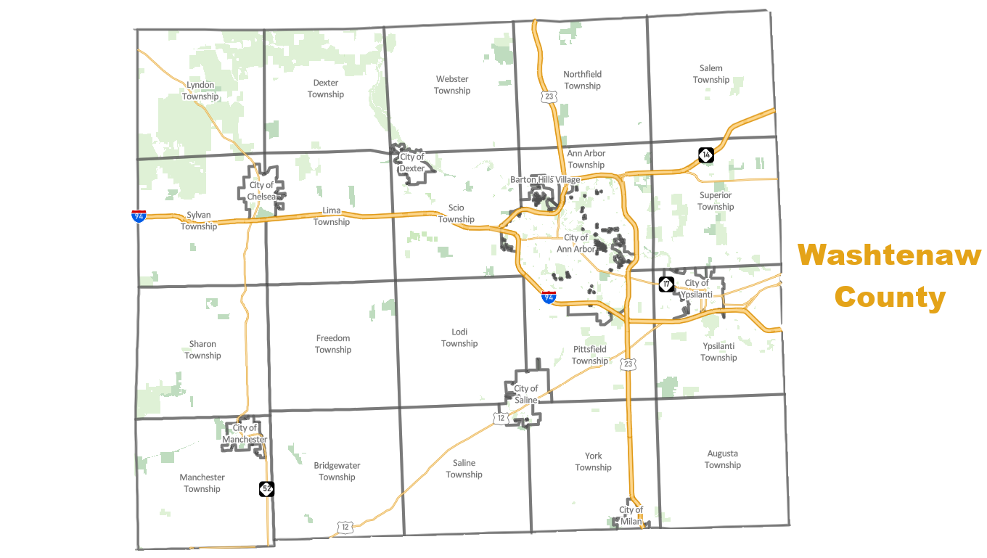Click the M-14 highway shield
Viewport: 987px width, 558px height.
point(706,155)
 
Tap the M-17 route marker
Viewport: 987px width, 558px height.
point(666,284)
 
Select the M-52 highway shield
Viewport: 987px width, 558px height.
point(266,489)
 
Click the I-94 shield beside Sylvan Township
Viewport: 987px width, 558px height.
point(138,216)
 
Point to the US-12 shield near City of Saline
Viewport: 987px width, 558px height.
point(499,418)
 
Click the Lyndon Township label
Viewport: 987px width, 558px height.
point(200,91)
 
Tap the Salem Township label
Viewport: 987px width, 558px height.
point(710,74)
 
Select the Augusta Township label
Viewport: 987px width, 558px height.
point(722,459)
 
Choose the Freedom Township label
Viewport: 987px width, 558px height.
point(333,344)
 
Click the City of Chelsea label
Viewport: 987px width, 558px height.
point(261,191)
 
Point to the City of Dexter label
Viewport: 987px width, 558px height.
point(412,163)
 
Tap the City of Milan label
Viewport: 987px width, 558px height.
point(631,515)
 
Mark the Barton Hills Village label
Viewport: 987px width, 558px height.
point(545,179)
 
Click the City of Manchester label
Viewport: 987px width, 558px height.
point(245,434)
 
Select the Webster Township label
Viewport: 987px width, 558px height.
point(452,85)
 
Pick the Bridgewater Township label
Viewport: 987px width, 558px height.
point(337,471)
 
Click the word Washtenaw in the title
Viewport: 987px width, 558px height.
point(889,255)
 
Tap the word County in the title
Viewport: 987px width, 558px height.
point(889,297)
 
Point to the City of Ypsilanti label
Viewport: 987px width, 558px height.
point(697,289)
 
